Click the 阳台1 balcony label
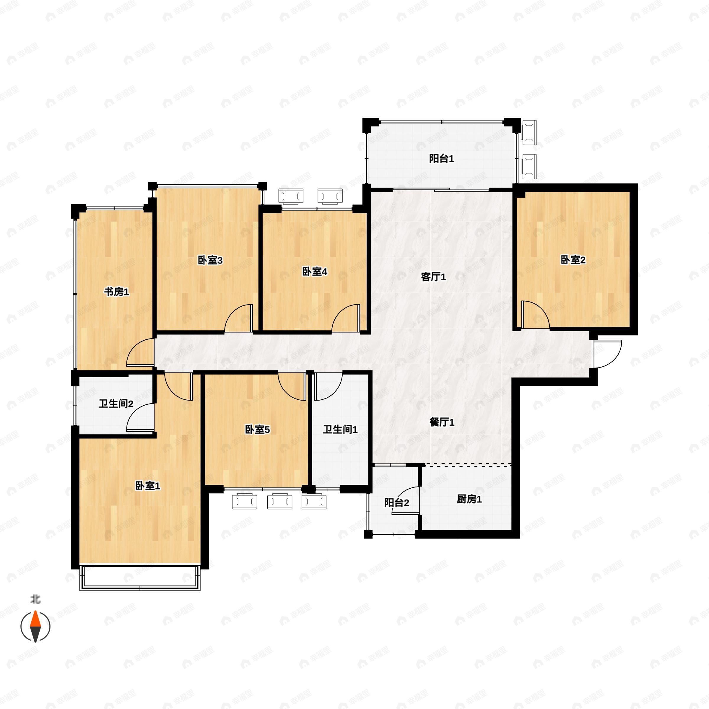click(441, 159)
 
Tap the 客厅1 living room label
click(433, 277)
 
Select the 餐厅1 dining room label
click(441, 422)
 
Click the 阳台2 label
click(396, 503)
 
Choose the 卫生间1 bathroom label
click(340, 429)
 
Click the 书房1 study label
click(116, 292)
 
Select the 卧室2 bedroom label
click(573, 260)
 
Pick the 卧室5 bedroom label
click(257, 429)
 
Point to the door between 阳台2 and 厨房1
click(406, 501)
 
